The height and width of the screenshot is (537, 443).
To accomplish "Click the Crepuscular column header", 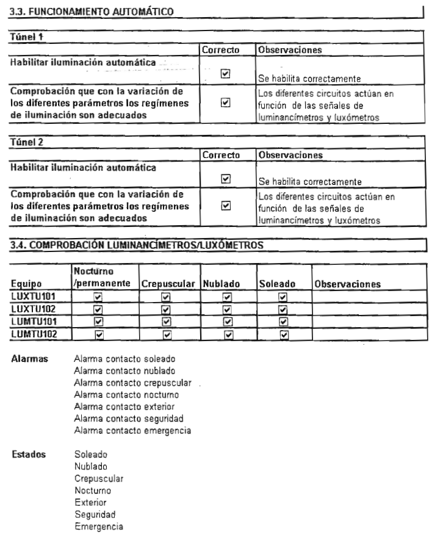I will tap(164, 284).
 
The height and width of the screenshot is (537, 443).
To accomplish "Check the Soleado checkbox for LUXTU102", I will tap(283, 308).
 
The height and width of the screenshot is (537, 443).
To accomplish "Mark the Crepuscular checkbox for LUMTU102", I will tap(164, 333).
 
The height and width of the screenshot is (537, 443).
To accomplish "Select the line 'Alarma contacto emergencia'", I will tap(132, 431).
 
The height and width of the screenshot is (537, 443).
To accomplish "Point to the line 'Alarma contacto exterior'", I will tap(123, 407).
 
